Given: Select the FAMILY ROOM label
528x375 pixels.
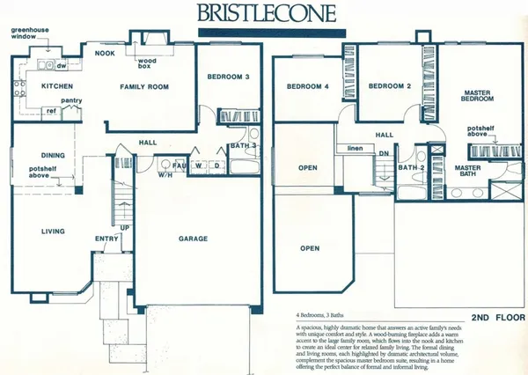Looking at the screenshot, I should (x=145, y=86).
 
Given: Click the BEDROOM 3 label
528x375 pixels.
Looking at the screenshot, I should (x=229, y=77).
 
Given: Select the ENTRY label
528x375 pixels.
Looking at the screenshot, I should (x=106, y=238).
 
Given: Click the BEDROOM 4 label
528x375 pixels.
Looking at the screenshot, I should (x=307, y=86).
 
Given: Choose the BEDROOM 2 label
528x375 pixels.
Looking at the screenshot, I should (x=390, y=86).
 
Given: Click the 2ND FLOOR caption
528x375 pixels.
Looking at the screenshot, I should (x=498, y=316).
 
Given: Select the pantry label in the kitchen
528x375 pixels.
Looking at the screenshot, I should (x=72, y=101).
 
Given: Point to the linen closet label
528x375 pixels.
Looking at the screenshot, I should (x=356, y=148).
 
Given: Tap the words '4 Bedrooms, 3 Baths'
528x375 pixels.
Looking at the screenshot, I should (x=322, y=314).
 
